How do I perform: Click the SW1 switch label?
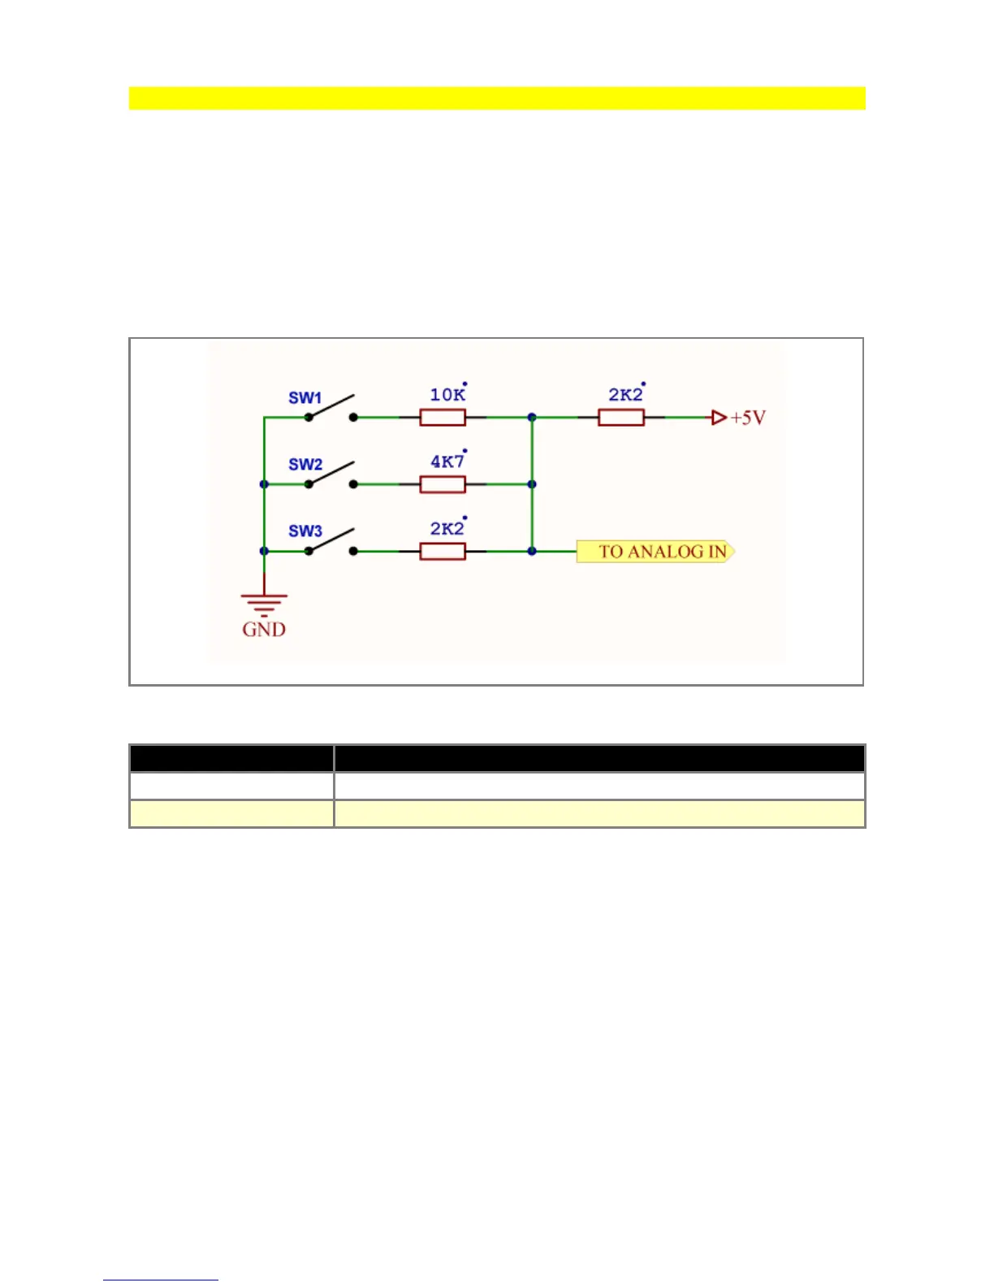[305, 398]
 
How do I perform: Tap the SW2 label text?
[305, 465]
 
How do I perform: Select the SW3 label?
[305, 531]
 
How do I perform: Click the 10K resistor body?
[443, 418]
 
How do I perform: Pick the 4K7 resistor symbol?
[443, 484]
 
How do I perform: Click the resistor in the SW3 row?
[443, 552]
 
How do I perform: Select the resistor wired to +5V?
[621, 418]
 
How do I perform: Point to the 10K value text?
[447, 395]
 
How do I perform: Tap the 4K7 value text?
[447, 461]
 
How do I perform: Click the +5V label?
[748, 418]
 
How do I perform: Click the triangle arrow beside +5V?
[719, 418]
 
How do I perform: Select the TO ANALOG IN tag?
[655, 552]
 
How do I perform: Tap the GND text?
[264, 630]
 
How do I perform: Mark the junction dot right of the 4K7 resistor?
[532, 484]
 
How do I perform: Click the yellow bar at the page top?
[497, 98]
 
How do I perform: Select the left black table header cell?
[231, 758]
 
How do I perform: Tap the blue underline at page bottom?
[161, 1280]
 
